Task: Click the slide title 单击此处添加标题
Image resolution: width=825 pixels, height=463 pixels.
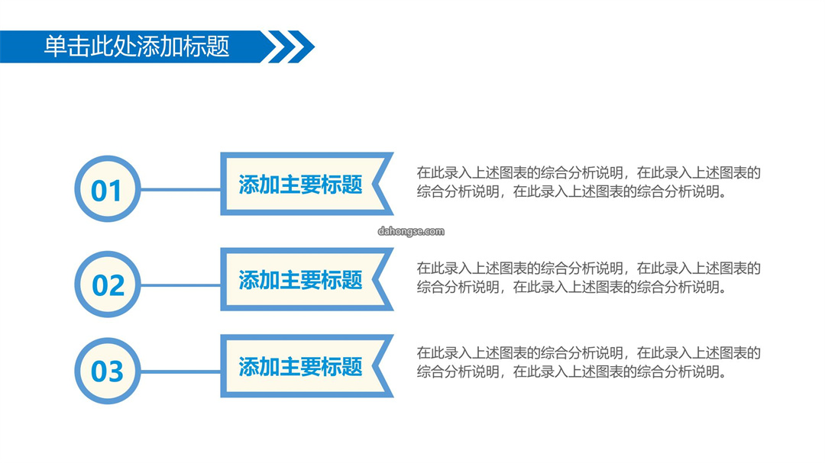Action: pos(137,47)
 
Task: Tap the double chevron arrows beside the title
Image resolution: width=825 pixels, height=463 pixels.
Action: pos(288,47)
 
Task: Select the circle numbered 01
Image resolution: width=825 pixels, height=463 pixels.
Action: pos(108,188)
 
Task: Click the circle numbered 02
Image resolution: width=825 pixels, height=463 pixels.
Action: pos(108,285)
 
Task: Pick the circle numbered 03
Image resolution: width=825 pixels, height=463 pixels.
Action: pos(108,371)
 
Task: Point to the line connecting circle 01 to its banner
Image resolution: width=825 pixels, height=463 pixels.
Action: pos(180,190)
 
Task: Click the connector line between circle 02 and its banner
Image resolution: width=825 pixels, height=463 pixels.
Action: pos(180,285)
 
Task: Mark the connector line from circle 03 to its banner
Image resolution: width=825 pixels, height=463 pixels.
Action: pos(180,371)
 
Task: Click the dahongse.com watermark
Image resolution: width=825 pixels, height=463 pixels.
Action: pos(411,231)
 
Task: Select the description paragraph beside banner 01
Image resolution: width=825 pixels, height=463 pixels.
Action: pos(589,182)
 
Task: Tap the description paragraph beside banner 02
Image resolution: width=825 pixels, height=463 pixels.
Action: pos(589,278)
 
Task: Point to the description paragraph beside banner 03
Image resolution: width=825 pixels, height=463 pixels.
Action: pos(589,362)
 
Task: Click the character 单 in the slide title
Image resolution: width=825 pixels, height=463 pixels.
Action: pos(55,47)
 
